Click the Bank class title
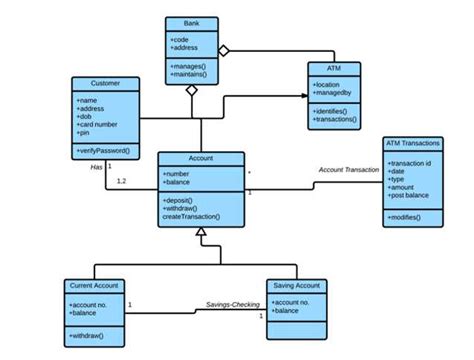coord(192,23)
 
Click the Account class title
coord(201,158)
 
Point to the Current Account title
coord(95,285)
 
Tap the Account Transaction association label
coord(349,170)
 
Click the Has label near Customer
coord(97,167)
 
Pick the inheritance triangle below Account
coord(202,233)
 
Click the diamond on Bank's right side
coord(224,48)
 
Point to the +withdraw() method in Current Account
coord(90,335)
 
